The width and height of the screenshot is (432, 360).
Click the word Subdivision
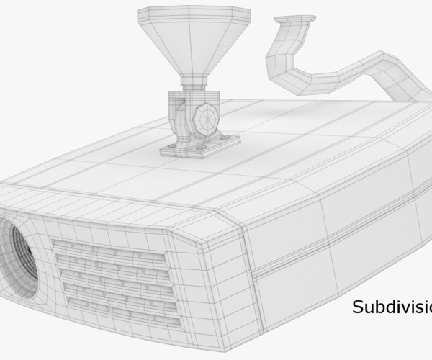(392, 307)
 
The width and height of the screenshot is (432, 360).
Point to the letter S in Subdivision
(358, 307)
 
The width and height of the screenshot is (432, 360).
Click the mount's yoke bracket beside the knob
(180, 115)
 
